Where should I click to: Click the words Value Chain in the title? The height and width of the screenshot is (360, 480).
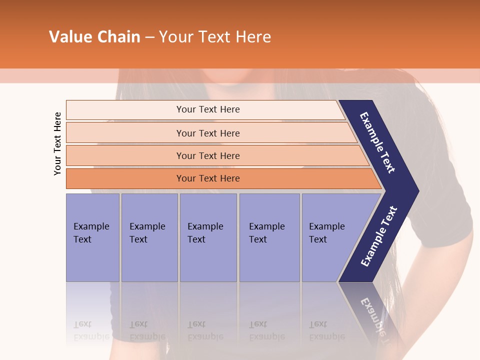[x=94, y=37]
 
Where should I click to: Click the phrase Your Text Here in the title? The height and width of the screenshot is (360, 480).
[x=215, y=37]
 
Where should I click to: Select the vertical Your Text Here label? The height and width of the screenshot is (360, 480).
[x=57, y=143]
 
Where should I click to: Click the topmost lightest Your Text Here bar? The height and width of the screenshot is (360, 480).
[x=208, y=109]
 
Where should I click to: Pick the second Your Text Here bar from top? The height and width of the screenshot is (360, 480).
[x=208, y=133]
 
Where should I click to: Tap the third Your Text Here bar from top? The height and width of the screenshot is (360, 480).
[x=208, y=155]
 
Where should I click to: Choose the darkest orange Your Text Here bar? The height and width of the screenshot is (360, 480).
[x=208, y=178]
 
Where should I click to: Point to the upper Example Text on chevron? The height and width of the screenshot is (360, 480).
[x=377, y=142]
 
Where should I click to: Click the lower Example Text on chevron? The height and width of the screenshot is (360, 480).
[x=379, y=236]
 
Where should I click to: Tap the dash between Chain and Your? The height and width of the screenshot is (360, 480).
[x=149, y=37]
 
